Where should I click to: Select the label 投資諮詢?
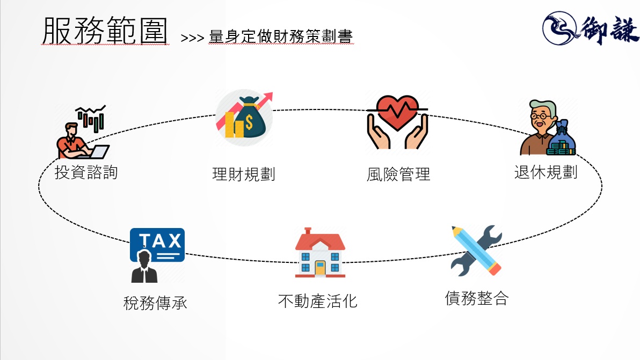(86, 173)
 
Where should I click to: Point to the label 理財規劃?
(244, 175)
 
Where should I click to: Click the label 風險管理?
(398, 175)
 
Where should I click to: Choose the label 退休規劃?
(546, 173)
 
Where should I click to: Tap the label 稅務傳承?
(155, 304)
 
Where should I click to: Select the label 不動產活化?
(318, 300)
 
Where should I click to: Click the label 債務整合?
(476, 298)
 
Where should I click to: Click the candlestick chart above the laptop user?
(91, 119)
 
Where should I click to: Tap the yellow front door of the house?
(320, 268)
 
